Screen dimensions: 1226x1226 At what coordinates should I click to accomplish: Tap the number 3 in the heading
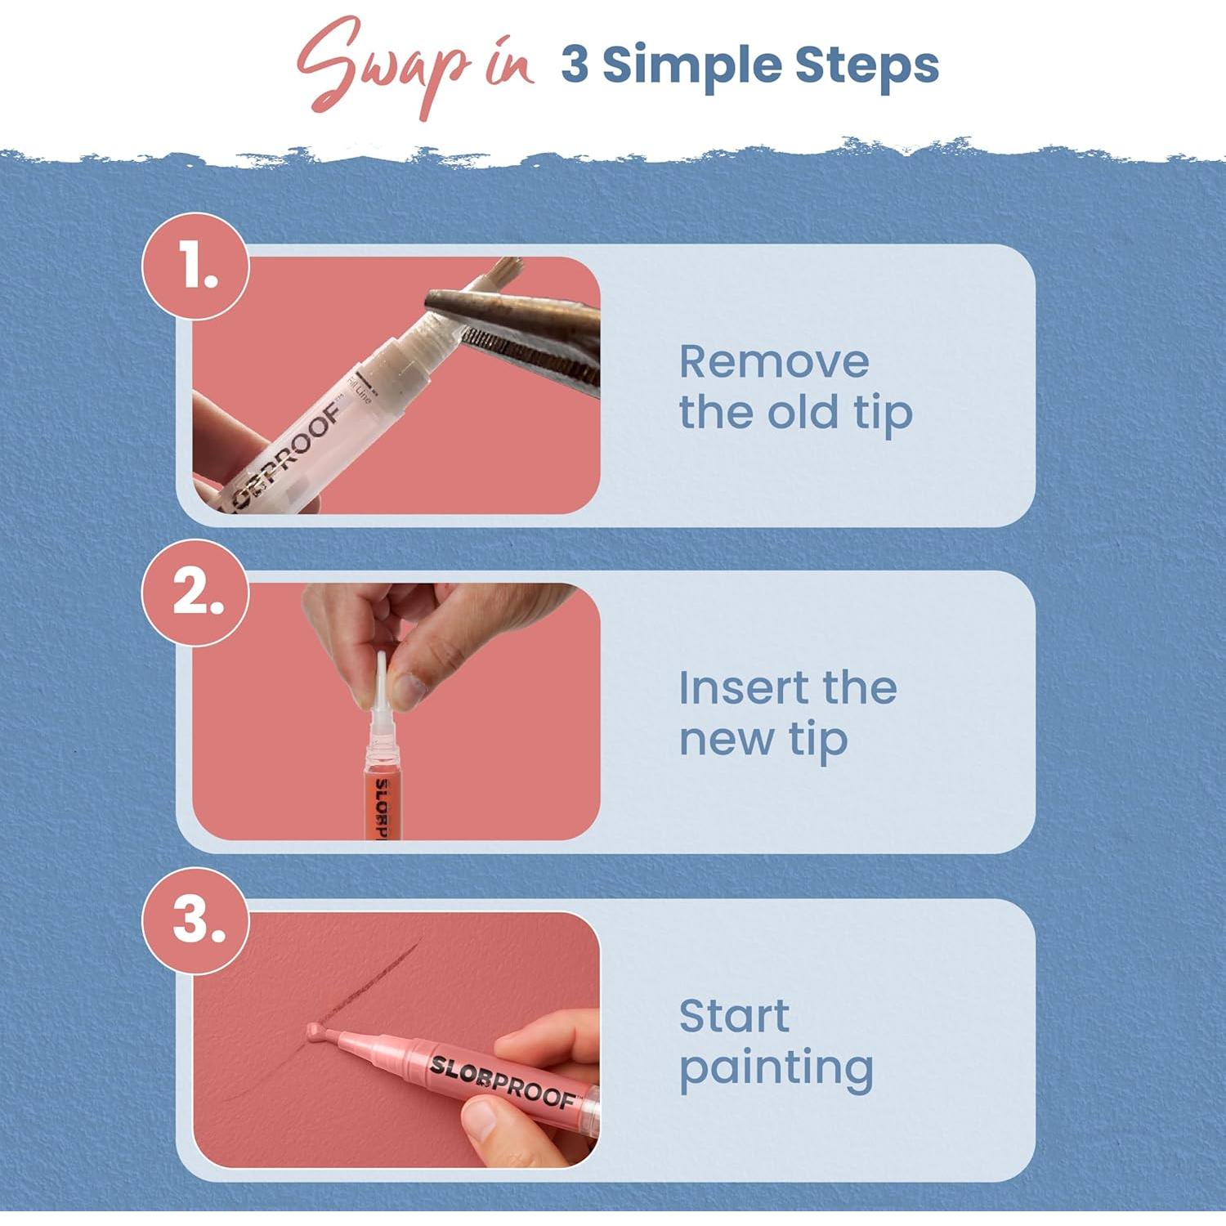click(575, 65)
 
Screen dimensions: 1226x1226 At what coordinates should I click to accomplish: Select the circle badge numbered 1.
click(196, 266)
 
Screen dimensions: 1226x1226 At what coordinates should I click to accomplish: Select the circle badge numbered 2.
click(196, 593)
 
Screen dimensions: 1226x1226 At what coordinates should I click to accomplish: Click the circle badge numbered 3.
click(196, 920)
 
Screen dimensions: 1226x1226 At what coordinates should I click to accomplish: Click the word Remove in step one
click(773, 361)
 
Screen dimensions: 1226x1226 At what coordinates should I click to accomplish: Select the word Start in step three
click(733, 1016)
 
